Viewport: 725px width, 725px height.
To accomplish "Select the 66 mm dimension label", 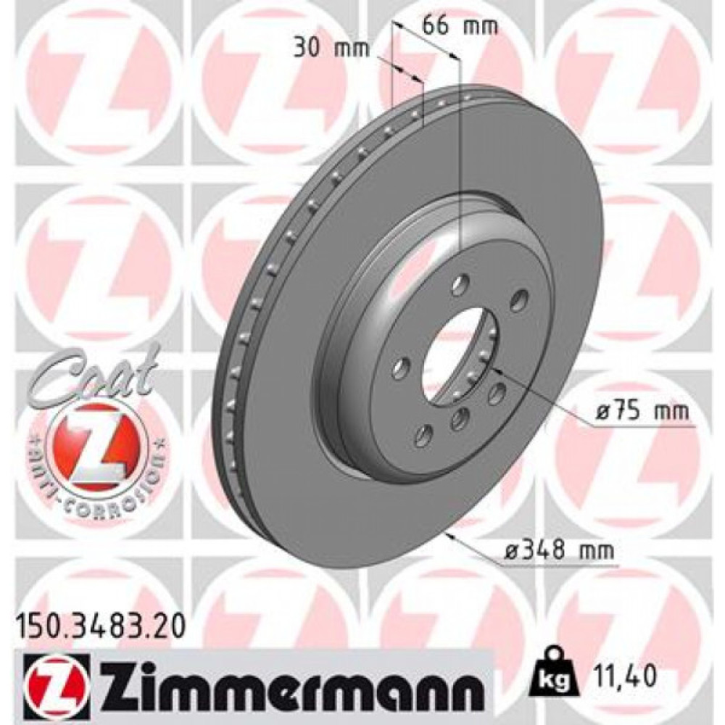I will click(x=460, y=26).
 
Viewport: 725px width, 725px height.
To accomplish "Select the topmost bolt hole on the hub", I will click(x=458, y=286).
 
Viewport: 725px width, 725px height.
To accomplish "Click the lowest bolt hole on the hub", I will click(x=420, y=436).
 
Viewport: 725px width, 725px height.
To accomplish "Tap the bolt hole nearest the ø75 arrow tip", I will click(x=496, y=393).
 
